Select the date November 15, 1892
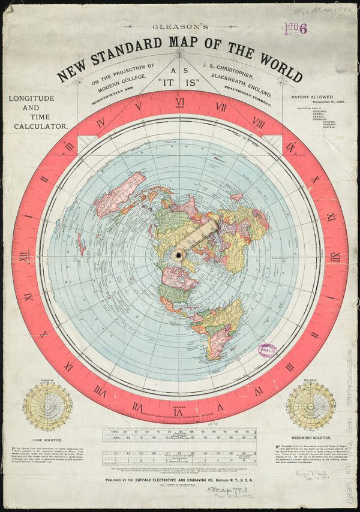pos(316,102)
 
